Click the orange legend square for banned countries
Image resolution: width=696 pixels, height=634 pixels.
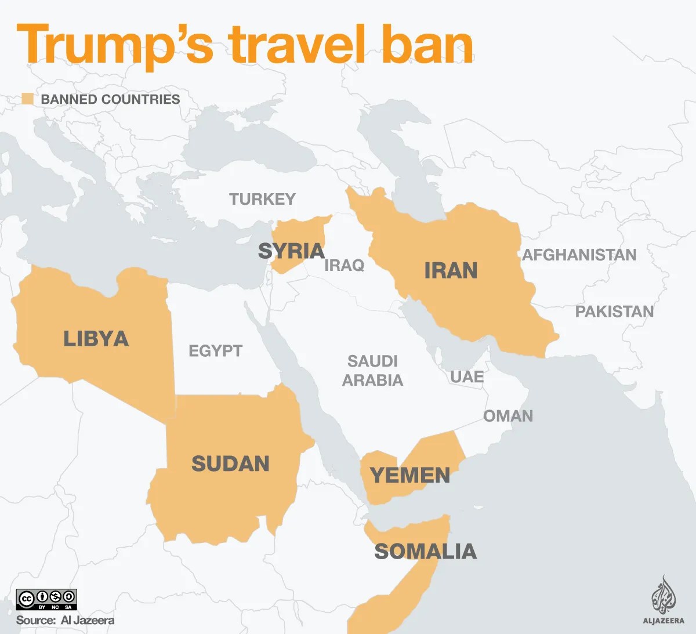click(x=27, y=99)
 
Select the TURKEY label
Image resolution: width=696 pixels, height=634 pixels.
click(x=262, y=200)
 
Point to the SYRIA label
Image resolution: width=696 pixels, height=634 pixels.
click(x=291, y=251)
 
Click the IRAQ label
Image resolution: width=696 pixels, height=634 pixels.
click(x=345, y=266)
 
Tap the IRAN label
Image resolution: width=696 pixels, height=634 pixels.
click(x=451, y=271)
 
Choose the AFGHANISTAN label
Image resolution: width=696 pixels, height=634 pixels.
click(x=579, y=255)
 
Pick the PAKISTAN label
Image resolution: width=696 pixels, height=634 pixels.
click(x=614, y=312)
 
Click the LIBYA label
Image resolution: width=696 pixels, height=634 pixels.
click(x=96, y=339)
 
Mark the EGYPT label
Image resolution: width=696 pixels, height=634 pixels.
click(x=215, y=351)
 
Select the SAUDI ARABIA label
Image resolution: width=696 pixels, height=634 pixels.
click(x=372, y=371)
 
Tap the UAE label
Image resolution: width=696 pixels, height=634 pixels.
click(x=467, y=377)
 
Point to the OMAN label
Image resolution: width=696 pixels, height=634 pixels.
click(x=508, y=416)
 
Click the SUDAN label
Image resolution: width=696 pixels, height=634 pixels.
click(x=230, y=464)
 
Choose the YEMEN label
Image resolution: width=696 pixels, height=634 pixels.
click(x=410, y=476)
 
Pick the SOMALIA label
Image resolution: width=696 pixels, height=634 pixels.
click(x=425, y=552)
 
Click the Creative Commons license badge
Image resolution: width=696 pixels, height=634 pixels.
click(x=46, y=599)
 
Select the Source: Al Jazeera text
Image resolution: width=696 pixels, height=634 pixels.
click(x=65, y=620)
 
